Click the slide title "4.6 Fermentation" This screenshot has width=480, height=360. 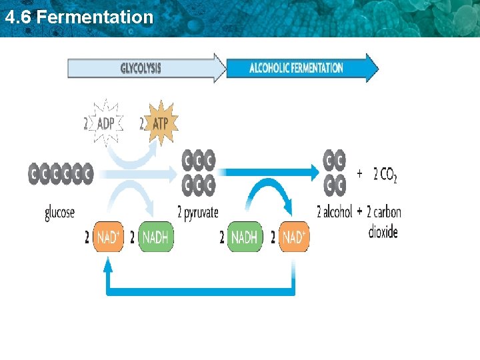[79, 17]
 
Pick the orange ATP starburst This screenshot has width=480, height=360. [159, 124]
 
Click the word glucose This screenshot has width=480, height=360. [60, 213]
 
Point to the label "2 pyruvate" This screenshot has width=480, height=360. [198, 213]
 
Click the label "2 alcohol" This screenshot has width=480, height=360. [334, 212]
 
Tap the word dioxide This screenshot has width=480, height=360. [383, 232]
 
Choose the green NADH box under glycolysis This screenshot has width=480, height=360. [155, 237]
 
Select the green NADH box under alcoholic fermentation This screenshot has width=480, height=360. [245, 237]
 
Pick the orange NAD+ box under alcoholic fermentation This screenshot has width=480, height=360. [293, 237]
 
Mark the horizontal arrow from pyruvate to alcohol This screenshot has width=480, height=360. [267, 173]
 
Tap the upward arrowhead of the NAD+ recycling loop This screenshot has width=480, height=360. [109, 264]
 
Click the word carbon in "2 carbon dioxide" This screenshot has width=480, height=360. [387, 213]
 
